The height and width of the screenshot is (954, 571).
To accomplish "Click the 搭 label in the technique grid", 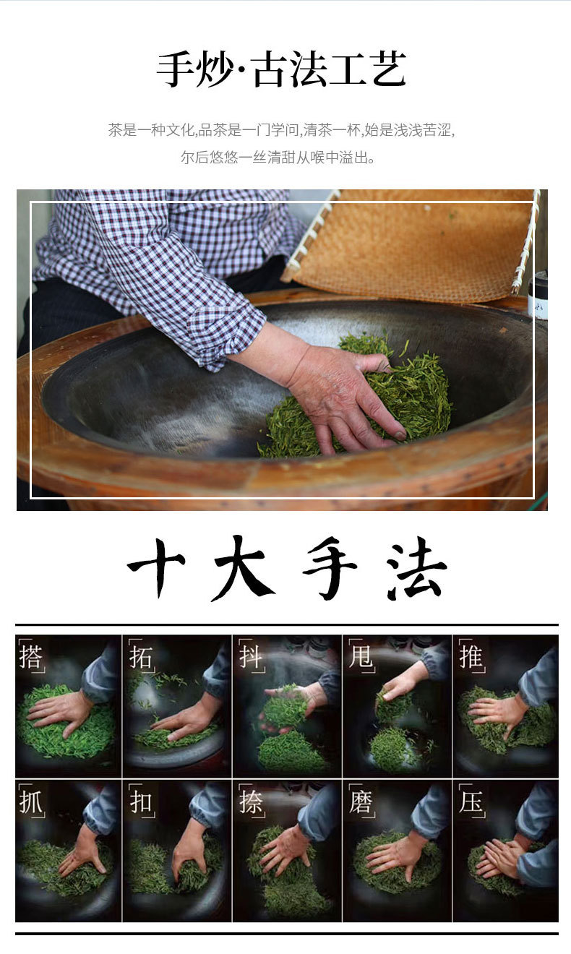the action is pyautogui.click(x=30, y=656).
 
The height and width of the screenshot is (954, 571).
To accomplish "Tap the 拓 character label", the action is pyautogui.click(x=140, y=656).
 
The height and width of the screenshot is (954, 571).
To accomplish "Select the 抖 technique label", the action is pyautogui.click(x=250, y=656).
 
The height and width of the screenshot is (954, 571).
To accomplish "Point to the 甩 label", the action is pyautogui.click(x=361, y=656).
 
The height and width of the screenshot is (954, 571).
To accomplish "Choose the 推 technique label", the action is pyautogui.click(x=471, y=656).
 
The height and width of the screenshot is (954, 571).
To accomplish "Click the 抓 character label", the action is pyautogui.click(x=30, y=802).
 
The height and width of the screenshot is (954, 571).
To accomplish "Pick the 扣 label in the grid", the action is pyautogui.click(x=140, y=802).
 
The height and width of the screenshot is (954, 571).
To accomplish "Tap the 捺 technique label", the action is pyautogui.click(x=250, y=802).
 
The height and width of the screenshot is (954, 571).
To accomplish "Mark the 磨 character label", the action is pyautogui.click(x=361, y=802).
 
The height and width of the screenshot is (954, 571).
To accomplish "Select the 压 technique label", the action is pyautogui.click(x=471, y=802).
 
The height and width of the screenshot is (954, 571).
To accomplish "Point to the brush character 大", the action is pyautogui.click(x=243, y=568).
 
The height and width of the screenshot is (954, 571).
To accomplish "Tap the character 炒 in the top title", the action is pyautogui.click(x=214, y=69).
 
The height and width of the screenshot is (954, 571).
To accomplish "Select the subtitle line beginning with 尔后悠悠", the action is pyautogui.click(x=278, y=158).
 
